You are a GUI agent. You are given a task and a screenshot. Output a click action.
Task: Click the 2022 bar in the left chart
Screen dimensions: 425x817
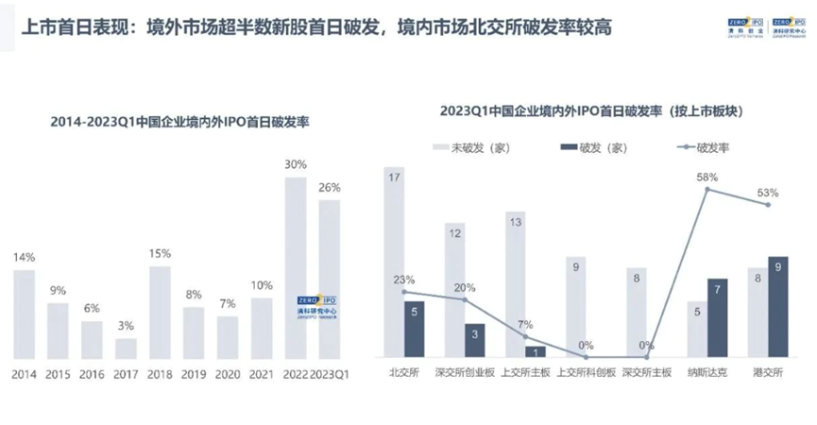296,268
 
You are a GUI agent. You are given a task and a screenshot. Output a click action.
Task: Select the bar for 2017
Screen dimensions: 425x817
126,348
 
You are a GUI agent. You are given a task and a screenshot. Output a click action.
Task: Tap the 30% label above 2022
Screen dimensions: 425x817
296,164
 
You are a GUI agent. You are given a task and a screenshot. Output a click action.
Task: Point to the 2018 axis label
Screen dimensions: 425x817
160,374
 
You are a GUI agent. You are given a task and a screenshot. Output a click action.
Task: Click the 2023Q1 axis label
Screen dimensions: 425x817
329,374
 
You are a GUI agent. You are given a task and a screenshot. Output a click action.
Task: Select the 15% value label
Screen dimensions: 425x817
160,253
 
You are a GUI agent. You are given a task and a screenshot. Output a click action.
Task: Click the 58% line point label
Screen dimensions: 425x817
708,177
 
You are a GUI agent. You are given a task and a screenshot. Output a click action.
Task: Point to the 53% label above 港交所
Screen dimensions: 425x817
767,193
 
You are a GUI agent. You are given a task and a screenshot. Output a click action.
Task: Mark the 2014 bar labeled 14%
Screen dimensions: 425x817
25,314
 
